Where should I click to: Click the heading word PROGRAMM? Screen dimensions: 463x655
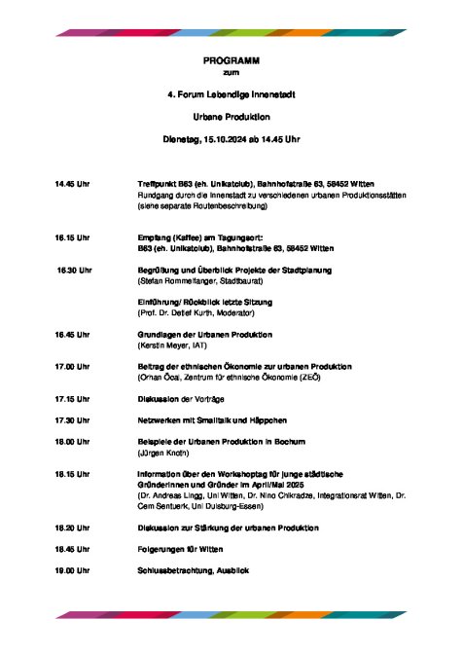(x=231, y=60)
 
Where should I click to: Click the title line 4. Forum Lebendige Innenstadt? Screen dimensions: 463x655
(x=231, y=94)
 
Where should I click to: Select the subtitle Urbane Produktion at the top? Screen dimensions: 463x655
(x=231, y=116)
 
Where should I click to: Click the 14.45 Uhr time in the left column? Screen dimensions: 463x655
(x=72, y=184)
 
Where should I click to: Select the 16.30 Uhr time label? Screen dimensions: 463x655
(x=74, y=269)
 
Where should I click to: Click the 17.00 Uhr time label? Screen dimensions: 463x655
(x=72, y=366)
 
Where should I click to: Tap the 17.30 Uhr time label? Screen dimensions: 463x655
(x=72, y=419)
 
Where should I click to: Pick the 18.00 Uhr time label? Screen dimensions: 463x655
(x=72, y=441)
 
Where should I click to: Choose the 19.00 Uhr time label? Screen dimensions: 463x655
(x=72, y=569)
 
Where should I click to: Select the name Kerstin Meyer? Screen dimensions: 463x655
(x=168, y=345)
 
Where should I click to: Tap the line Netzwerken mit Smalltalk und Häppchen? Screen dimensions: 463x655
(x=211, y=419)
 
